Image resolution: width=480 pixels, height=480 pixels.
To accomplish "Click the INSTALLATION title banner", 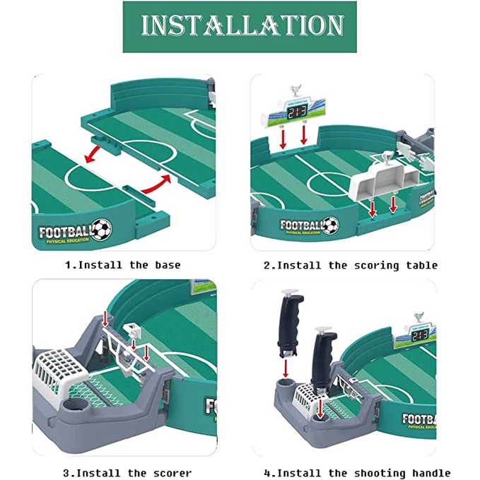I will [x=240, y=26].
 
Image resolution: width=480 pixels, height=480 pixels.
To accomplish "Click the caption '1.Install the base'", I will [x=123, y=265].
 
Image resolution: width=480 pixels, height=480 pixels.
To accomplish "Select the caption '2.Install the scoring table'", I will [x=351, y=265].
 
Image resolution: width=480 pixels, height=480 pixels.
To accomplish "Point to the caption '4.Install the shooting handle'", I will [x=357, y=473].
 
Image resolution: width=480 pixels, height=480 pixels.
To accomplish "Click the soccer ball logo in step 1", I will [x=102, y=228].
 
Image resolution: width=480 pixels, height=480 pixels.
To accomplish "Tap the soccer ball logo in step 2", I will [x=330, y=225].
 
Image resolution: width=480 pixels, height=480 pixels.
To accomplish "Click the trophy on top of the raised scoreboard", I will [x=295, y=90].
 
